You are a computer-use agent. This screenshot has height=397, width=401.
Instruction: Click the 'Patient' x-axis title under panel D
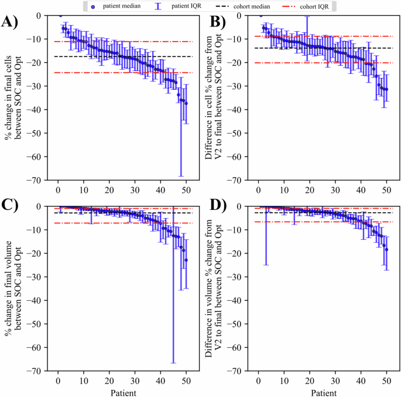coord(322,391)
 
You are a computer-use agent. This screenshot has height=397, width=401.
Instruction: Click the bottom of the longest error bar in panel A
coord(181,176)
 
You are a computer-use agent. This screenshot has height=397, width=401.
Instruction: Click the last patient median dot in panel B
coord(386,90)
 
